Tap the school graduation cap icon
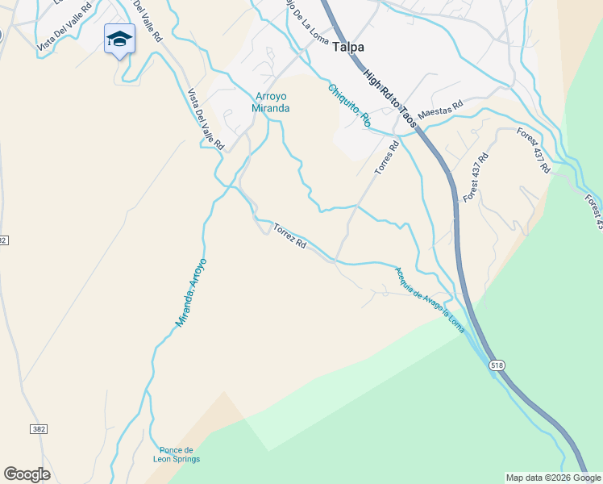point(119,39)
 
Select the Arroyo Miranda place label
point(270,102)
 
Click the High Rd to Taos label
point(389,98)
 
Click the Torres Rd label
point(387,158)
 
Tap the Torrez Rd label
point(289,235)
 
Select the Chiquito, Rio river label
point(349,106)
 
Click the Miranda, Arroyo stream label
point(191,292)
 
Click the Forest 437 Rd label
point(476,177)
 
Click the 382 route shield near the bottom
point(38,429)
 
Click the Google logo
point(27,474)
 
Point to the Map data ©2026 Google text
point(552,478)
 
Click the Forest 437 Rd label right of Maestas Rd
point(534,151)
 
